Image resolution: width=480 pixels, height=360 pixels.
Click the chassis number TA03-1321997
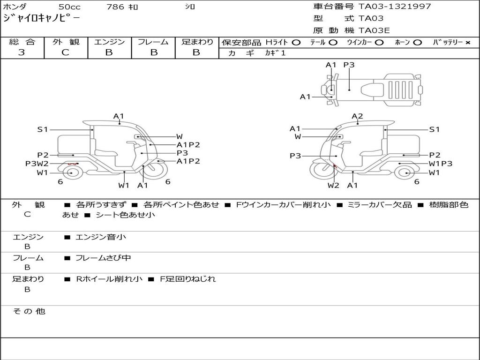(395, 7)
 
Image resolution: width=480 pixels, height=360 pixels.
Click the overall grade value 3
(22, 52)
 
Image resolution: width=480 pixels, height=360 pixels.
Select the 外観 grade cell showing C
(65, 52)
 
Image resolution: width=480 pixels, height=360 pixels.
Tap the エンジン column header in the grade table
(109, 42)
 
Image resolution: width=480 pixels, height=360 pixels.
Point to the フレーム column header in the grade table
(153, 42)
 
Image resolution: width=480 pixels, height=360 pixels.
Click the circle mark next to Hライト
(296, 42)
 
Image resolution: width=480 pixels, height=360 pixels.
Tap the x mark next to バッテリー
(467, 42)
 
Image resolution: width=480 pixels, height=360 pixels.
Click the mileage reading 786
(115, 7)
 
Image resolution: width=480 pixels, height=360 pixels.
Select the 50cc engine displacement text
(69, 7)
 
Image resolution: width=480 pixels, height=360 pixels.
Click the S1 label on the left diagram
(43, 129)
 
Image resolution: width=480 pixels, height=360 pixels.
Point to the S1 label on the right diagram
(435, 129)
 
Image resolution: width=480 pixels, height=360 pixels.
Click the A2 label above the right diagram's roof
(357, 116)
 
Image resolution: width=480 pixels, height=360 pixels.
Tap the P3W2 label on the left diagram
(37, 164)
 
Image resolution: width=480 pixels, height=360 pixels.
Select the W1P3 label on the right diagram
(441, 164)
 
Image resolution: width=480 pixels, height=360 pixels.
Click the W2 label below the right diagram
(333, 185)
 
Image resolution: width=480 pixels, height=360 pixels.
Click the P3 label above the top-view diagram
(349, 65)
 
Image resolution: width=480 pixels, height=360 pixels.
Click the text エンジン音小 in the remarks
(100, 237)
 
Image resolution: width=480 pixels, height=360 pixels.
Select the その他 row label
(29, 311)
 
